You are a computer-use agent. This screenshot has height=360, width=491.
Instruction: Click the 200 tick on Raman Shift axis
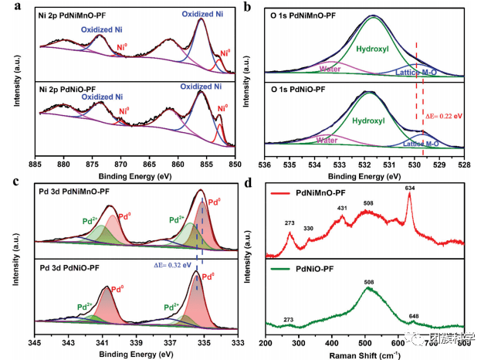click(266, 340)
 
